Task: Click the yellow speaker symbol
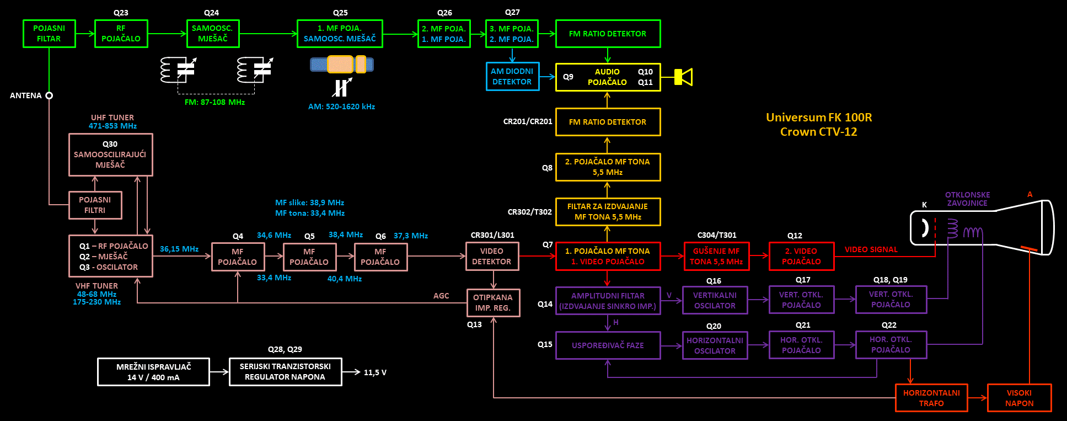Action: pyautogui.click(x=684, y=77)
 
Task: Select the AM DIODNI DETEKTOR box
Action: pyautogui.click(x=512, y=77)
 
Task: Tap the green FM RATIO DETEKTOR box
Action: pyautogui.click(x=608, y=34)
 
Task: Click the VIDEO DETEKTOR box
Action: pyautogui.click(x=492, y=257)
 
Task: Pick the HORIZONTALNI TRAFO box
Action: pyautogui.click(x=931, y=398)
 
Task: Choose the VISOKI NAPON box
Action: pyautogui.click(x=1019, y=398)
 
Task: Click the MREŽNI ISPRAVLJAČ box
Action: pyautogui.click(x=153, y=372)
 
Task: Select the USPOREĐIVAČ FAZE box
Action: pyautogui.click(x=608, y=345)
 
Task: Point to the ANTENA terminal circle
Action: pyautogui.click(x=49, y=95)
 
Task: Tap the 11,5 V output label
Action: pyautogui.click(x=375, y=372)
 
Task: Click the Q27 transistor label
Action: pyautogui.click(x=512, y=12)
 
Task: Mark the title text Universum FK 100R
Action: pyautogui.click(x=819, y=118)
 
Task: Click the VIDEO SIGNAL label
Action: pyautogui.click(x=871, y=249)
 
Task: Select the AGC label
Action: pyautogui.click(x=441, y=296)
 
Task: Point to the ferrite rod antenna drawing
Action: pyautogui.click(x=342, y=65)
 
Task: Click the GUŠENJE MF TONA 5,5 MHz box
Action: pyautogui.click(x=716, y=257)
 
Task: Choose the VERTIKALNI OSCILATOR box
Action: pyautogui.click(x=715, y=300)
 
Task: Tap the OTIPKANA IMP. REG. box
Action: pyautogui.click(x=493, y=303)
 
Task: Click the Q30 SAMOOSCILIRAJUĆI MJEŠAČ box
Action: pyautogui.click(x=110, y=154)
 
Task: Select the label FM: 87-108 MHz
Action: pyautogui.click(x=215, y=102)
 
